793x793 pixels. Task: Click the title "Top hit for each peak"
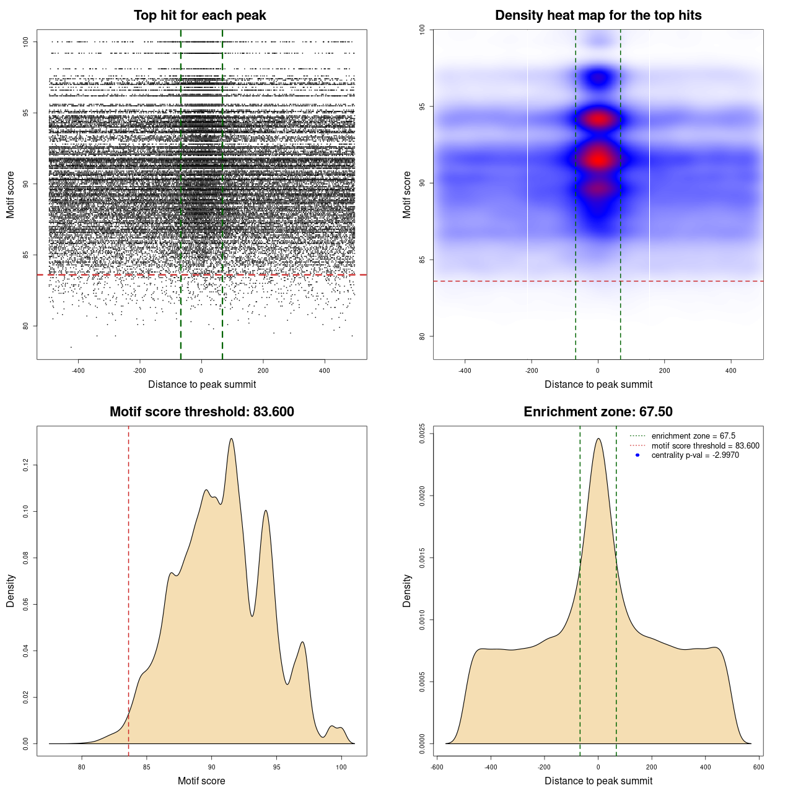199,15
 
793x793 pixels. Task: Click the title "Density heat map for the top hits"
598,15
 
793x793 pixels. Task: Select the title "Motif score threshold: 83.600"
201,412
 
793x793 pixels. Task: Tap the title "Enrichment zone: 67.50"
598,412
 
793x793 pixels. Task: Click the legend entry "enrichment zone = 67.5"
693,436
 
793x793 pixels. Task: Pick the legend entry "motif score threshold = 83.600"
705,446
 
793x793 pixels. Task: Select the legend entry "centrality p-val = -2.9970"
695,455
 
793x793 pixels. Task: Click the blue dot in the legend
637,455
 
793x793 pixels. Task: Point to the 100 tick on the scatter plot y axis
26,42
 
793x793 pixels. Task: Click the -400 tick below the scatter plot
78,371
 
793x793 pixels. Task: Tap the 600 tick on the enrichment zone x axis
759,767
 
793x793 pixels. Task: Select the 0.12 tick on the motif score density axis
26,465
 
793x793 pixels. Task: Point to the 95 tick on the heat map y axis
422,107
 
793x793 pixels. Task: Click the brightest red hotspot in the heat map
598,159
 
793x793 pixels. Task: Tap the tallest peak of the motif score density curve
232,439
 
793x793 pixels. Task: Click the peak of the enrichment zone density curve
598,439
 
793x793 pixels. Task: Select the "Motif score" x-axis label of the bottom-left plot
201,781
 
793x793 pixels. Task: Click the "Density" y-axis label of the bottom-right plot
407,590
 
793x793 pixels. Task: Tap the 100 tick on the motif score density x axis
341,767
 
